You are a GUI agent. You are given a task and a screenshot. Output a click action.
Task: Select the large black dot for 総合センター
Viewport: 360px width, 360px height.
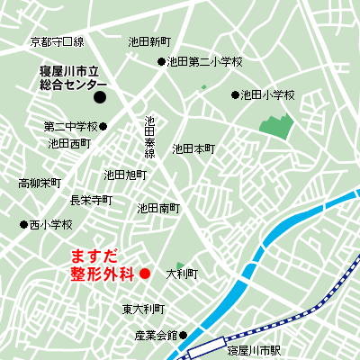click(x=101, y=96)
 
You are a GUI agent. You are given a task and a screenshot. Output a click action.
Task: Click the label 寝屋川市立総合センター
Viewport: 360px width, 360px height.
click(x=67, y=77)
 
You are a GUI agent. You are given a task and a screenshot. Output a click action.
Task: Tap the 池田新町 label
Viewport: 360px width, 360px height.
click(x=149, y=41)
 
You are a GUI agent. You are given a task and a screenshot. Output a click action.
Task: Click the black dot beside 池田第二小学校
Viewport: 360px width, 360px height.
click(x=162, y=62)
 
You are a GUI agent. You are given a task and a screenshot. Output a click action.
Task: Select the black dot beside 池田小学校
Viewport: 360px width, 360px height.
click(x=236, y=94)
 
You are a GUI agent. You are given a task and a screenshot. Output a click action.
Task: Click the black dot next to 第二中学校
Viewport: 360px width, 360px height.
click(x=103, y=126)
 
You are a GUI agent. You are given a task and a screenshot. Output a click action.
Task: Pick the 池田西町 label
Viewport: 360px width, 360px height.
click(x=69, y=143)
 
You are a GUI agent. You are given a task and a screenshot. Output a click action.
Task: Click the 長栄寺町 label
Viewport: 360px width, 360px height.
click(x=91, y=200)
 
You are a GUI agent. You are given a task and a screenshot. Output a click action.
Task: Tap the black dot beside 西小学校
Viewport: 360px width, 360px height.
click(x=23, y=224)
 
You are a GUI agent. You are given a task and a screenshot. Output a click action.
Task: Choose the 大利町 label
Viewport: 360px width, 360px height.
click(x=182, y=273)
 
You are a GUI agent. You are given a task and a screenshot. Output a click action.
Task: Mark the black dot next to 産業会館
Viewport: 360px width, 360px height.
click(x=184, y=336)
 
